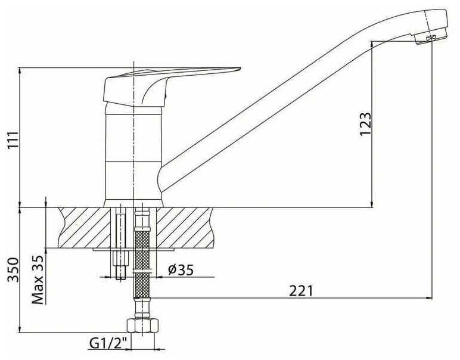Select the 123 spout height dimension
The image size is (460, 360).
point(365,125)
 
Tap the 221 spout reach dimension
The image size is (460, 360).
point(302,291)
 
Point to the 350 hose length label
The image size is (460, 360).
point(13,270)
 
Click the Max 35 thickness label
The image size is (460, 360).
point(38,280)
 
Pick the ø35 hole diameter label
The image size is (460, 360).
point(181,270)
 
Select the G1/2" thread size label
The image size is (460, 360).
point(109,343)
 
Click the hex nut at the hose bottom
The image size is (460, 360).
point(143,326)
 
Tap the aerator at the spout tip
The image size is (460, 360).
point(431,38)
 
